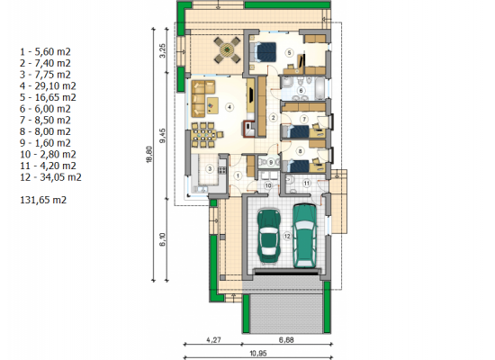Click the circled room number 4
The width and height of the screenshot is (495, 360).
(x=229, y=107)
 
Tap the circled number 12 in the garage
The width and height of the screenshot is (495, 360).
(x=287, y=236)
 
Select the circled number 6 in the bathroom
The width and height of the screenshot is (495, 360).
(x=301, y=91)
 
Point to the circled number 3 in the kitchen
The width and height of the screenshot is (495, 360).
(x=210, y=169)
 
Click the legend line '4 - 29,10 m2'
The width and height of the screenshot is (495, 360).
(x=48, y=85)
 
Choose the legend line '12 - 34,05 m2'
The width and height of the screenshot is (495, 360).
(x=50, y=177)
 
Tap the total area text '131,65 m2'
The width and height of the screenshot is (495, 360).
(x=43, y=200)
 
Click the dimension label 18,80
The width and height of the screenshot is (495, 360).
(x=149, y=155)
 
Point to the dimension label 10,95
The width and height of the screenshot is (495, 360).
(x=258, y=354)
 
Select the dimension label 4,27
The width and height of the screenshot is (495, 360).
(x=213, y=340)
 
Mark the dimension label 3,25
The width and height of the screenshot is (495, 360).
(x=162, y=50)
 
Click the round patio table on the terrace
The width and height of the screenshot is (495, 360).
(x=228, y=49)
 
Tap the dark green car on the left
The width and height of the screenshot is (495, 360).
(x=269, y=236)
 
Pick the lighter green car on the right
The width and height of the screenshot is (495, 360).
(x=304, y=236)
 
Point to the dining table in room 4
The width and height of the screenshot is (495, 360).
(x=203, y=135)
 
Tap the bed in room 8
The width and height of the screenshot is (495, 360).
(x=295, y=166)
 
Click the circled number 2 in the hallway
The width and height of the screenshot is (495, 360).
(x=273, y=118)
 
